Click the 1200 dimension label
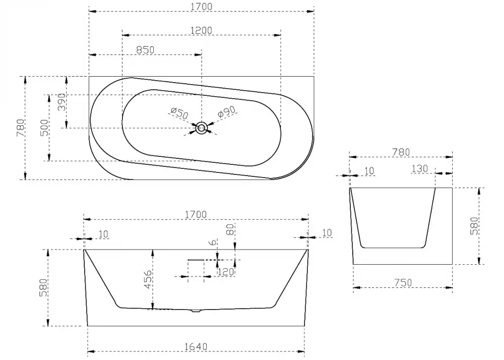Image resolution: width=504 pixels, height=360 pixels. (x=201, y=31)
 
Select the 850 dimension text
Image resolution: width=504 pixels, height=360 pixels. (x=145, y=50)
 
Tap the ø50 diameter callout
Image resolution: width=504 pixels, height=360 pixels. (x=179, y=113)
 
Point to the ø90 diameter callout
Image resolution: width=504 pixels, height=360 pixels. (x=227, y=112)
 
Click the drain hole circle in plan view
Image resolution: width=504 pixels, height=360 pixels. (x=202, y=128)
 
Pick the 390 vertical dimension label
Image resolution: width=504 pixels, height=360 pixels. (x=61, y=102)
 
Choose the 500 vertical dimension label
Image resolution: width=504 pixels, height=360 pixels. (x=45, y=128)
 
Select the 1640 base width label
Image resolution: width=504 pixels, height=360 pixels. (x=196, y=347)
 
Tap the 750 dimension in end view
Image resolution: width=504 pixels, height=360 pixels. (x=403, y=283)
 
